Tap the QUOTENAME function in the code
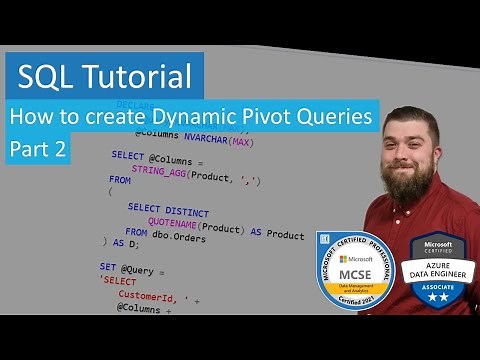(182, 229)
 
